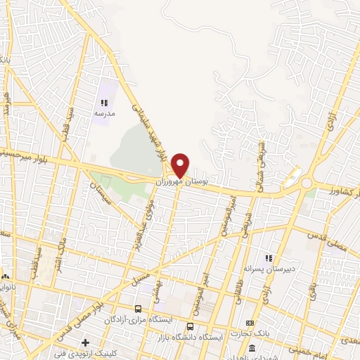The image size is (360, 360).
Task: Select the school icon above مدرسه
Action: [104, 103]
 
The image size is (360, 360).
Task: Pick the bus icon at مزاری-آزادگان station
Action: [139, 309]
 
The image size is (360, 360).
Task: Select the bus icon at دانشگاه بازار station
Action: [191, 326]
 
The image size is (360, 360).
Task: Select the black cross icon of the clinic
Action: [86, 343]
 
